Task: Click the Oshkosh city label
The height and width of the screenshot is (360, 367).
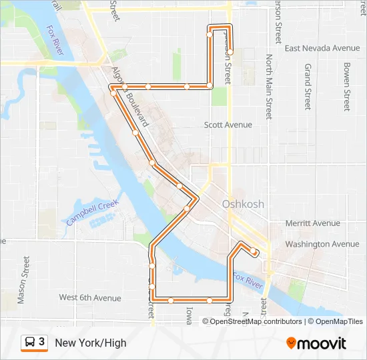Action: point(243,204)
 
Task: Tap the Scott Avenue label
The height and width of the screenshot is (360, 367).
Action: point(228,125)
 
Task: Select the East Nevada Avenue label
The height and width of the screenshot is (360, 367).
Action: point(322,48)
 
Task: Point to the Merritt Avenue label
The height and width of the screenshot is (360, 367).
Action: point(312,223)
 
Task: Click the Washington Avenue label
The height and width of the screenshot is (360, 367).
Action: point(322,244)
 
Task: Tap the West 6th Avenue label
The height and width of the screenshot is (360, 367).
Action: point(90,298)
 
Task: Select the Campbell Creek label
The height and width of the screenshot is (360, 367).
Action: point(92,212)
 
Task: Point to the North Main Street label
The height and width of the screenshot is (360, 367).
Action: point(269,87)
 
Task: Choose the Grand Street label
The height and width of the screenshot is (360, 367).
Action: point(308,87)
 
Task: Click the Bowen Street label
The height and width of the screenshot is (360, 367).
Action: point(346,87)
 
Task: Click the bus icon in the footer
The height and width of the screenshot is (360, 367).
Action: point(30,342)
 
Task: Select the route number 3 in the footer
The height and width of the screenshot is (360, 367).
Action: point(42,342)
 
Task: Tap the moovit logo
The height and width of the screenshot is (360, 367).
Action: point(316,343)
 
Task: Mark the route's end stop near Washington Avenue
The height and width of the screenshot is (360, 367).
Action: point(254,251)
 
